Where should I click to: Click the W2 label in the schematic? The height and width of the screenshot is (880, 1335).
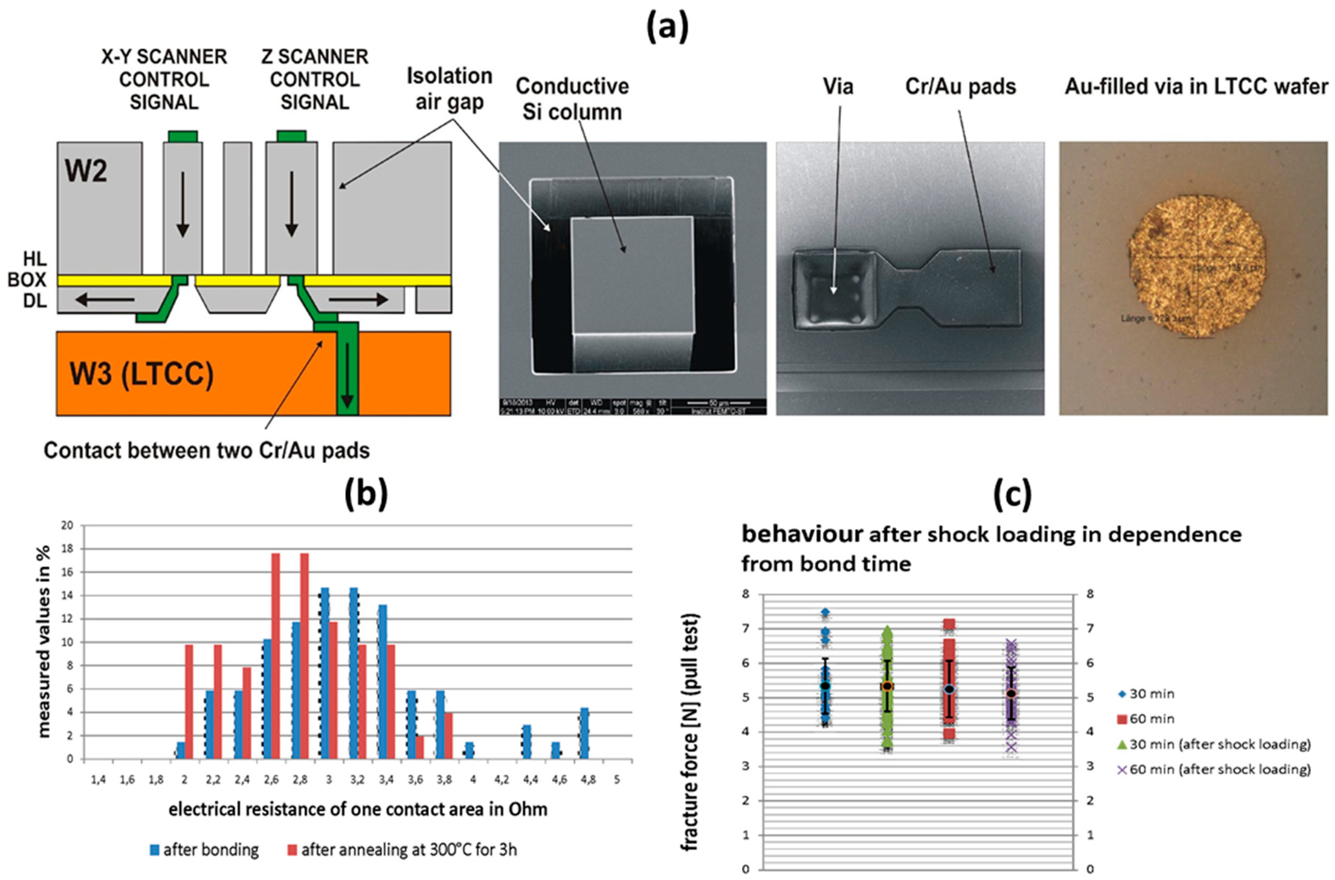point(86,171)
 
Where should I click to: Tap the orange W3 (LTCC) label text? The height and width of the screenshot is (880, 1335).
point(141,374)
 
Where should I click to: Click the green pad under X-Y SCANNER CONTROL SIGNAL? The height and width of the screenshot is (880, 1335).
point(182,136)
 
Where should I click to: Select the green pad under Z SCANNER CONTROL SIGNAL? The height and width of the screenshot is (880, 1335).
point(291,136)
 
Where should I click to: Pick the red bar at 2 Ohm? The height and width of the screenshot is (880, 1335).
point(189,702)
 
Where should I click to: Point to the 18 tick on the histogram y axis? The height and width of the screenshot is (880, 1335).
point(67,549)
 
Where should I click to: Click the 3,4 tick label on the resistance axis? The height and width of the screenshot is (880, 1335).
point(386,780)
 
